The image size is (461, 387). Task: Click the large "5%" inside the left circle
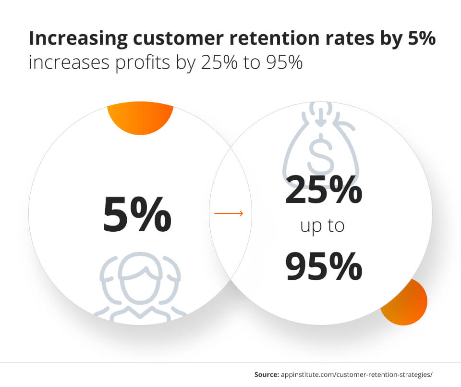click(x=137, y=214)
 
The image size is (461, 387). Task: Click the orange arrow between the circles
click(x=229, y=213)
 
